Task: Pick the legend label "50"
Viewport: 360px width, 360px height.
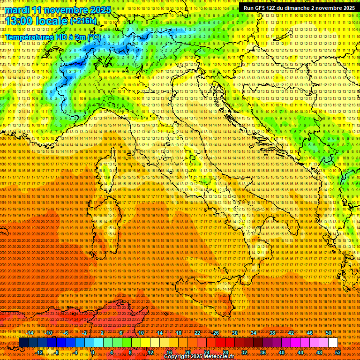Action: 329,333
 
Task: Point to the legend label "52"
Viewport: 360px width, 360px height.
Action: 338,352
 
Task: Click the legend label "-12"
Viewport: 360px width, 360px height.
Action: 39,352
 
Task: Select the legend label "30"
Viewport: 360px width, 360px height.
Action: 234,333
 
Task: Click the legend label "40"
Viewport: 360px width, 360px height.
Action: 281,352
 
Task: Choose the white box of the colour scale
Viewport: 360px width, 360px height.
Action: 333,343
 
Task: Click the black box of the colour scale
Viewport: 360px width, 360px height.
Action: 23,343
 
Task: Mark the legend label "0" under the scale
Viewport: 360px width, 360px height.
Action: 93,352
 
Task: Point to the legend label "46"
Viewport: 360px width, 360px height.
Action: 310,333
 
